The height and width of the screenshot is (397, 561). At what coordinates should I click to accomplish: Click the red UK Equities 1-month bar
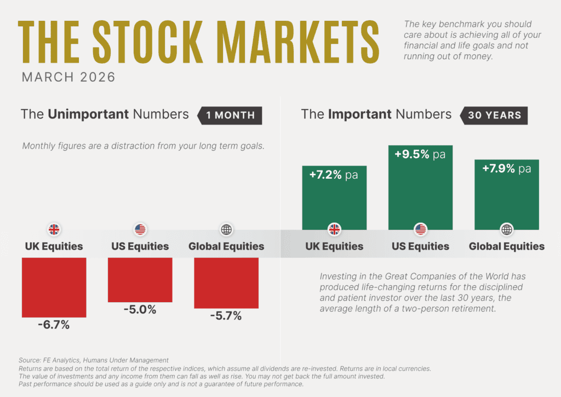(x=54, y=287)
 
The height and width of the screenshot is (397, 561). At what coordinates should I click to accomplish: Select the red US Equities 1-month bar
(x=140, y=280)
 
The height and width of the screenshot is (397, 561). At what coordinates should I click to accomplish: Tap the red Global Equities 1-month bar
(x=226, y=283)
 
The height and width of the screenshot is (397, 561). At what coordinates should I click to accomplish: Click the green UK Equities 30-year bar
(x=334, y=200)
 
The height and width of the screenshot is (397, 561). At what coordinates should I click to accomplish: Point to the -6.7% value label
(x=54, y=325)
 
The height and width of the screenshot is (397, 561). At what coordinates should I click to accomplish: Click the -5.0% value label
(x=140, y=309)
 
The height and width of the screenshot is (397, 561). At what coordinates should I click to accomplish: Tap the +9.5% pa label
(x=420, y=155)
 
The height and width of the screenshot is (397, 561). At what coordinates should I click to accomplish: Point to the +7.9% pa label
(x=507, y=169)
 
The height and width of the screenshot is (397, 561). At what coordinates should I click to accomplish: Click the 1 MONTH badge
(x=230, y=115)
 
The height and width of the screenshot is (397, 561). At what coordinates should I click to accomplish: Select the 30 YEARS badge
(x=494, y=115)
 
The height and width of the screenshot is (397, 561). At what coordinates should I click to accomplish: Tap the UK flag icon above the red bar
(x=54, y=229)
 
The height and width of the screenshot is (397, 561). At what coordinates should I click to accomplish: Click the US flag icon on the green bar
(x=420, y=229)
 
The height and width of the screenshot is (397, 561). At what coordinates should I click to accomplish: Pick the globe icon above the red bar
(x=226, y=229)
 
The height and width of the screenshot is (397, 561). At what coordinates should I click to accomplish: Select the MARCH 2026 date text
(x=68, y=77)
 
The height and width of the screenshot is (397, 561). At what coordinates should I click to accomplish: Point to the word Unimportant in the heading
(x=88, y=114)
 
